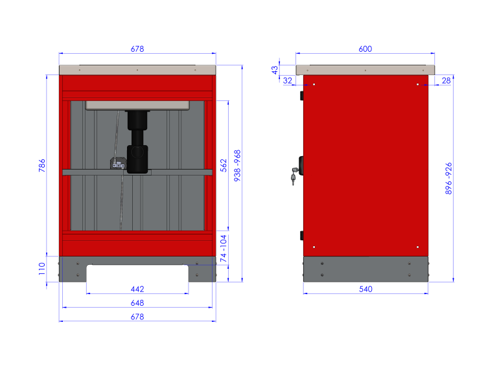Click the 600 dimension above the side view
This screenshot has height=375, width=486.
(365, 49)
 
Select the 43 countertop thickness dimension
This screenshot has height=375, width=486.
(275, 70)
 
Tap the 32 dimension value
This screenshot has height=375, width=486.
(288, 80)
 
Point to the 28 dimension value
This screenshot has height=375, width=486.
(446, 80)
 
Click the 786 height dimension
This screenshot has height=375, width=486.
(42, 166)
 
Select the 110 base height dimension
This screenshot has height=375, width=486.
(42, 269)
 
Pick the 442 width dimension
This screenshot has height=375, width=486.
(137, 289)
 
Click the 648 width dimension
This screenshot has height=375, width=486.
(137, 303)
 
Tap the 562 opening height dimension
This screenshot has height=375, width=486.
(224, 166)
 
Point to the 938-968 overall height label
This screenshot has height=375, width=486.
(237, 166)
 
